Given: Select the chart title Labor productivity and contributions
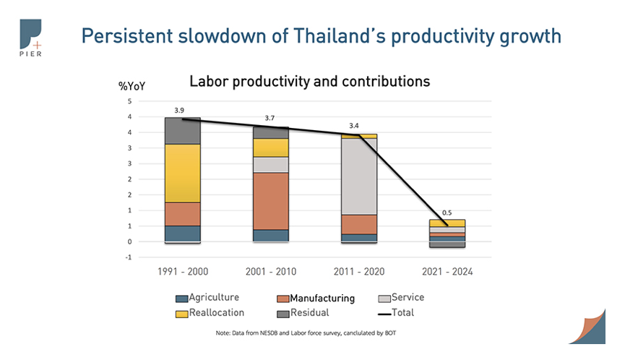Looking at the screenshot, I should (309, 82).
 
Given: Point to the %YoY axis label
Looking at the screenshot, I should (132, 86).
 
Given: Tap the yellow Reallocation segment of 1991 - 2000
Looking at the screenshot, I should (182, 173).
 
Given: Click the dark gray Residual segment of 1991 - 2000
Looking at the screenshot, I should (182, 131).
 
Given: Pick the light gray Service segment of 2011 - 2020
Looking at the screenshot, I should (358, 176).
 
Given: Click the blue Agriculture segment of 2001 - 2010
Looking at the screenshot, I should (270, 235).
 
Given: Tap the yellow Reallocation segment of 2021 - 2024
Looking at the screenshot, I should (447, 223).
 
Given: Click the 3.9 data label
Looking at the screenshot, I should (180, 110).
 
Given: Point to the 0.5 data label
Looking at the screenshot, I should (447, 213).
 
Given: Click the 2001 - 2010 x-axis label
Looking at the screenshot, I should (270, 272).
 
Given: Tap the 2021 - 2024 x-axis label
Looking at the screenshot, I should (447, 272).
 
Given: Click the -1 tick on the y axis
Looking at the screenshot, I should (129, 257).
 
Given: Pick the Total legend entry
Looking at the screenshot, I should (402, 313).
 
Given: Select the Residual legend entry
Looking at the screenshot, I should (310, 313).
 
